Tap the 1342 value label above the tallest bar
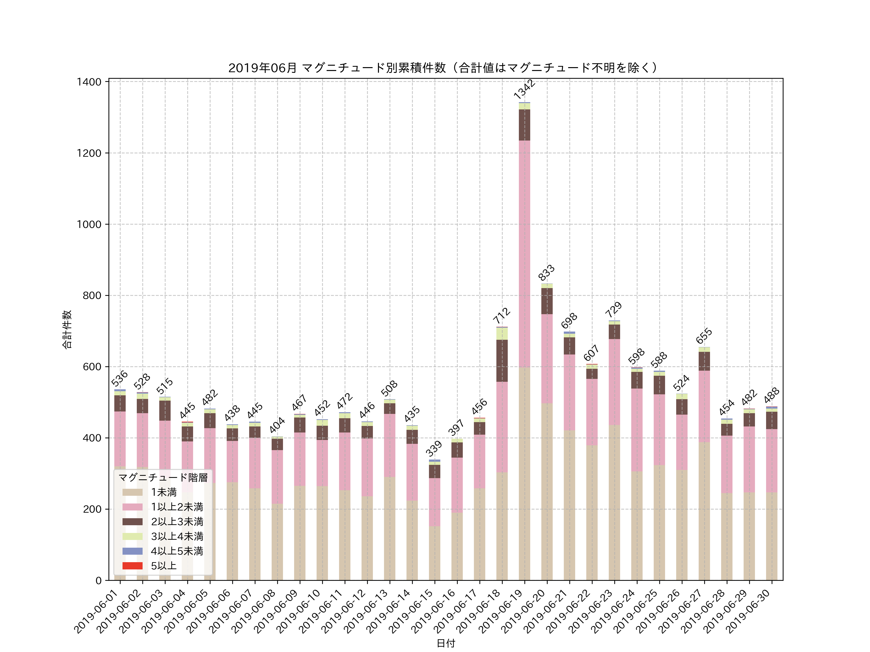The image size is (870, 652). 524,89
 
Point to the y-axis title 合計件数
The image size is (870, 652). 67,329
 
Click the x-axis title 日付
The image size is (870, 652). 446,643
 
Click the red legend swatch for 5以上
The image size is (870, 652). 132,566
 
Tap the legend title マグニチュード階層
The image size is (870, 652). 163,477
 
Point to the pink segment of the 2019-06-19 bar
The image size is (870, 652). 524,254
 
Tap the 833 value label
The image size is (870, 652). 546,272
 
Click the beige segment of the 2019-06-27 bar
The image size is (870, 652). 704,511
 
